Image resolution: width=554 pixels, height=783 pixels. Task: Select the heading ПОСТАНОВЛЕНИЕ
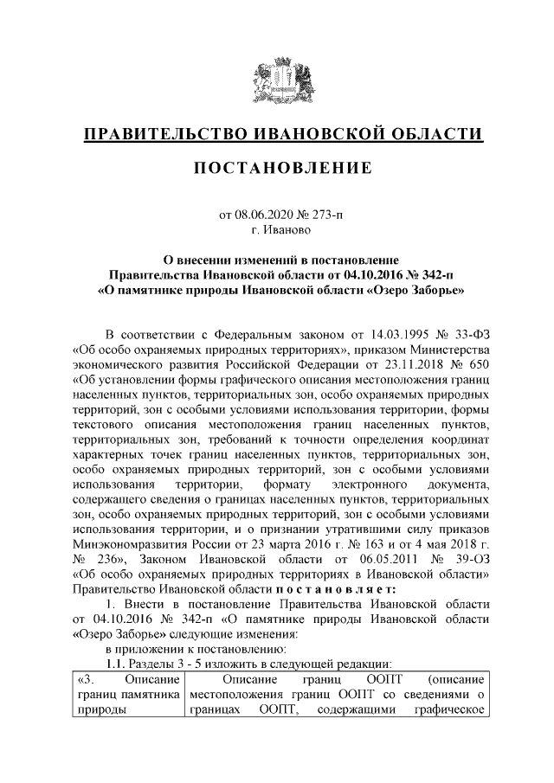point(276,166)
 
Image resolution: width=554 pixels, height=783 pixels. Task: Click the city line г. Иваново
point(277,230)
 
